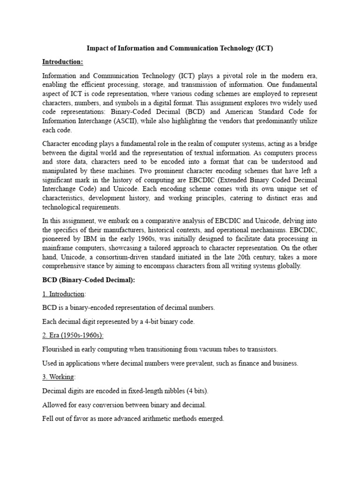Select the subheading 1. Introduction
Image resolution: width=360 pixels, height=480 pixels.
point(63,294)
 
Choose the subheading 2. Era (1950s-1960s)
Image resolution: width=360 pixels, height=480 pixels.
point(73,335)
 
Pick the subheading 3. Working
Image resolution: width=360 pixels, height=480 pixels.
point(59,377)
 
